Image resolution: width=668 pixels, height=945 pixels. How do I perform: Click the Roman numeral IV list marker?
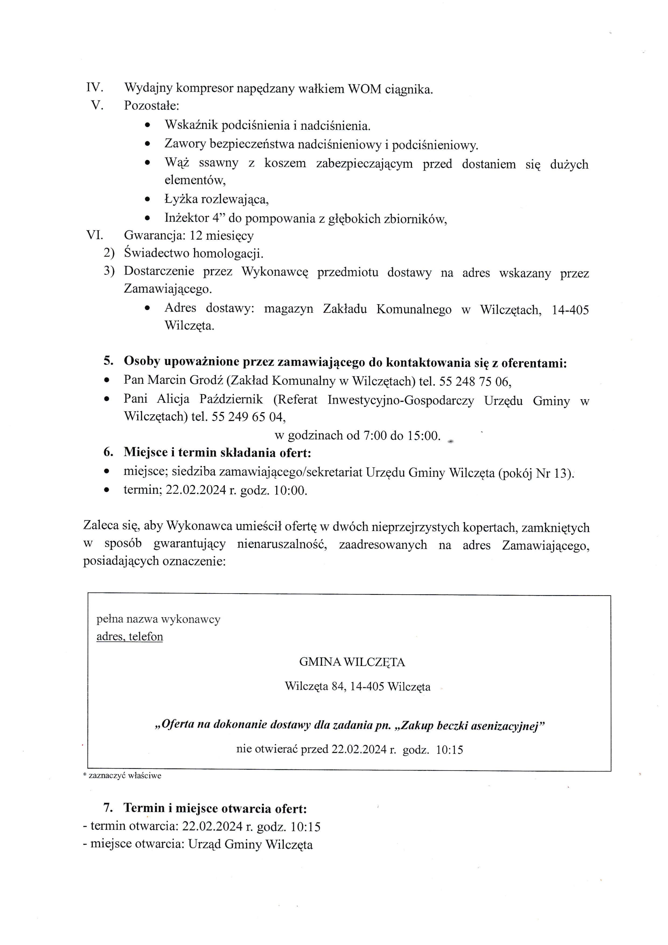[94, 88]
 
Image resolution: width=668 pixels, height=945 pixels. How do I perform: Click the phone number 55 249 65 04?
[248, 417]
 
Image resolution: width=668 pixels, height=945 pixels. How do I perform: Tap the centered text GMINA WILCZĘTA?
[352, 662]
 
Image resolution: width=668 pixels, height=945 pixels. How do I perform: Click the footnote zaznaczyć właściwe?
[125, 776]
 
